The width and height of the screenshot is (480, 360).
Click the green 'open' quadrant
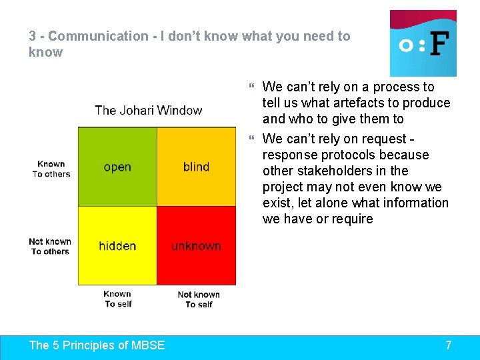point(117,167)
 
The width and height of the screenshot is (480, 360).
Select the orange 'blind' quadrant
point(196,167)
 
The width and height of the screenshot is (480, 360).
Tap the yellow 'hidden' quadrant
point(117,246)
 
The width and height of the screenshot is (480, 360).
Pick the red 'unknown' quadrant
point(196,246)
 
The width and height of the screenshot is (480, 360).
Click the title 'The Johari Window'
point(148,110)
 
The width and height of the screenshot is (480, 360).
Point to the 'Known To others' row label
point(51,169)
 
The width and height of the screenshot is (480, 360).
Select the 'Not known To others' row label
point(50,246)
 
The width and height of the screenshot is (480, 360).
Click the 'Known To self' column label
point(118,299)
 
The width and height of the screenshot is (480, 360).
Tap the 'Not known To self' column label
point(199,299)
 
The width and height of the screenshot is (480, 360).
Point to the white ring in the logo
point(405,45)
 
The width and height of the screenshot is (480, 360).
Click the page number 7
point(448,345)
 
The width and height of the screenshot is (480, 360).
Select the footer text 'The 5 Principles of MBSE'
point(97,345)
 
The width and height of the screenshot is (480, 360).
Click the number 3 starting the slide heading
point(32,36)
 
